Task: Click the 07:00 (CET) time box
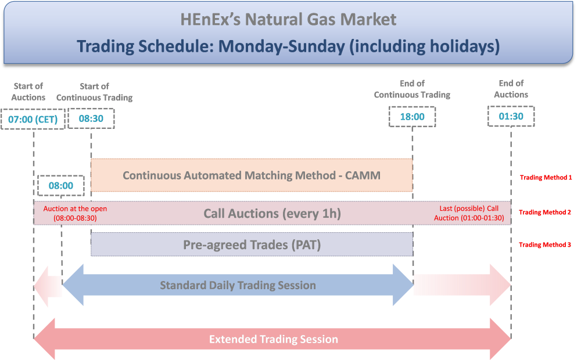coord(33,119)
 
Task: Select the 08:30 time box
coord(91,118)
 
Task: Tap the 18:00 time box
coord(412,117)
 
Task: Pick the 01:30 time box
coord(511,116)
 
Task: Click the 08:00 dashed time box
coord(61,185)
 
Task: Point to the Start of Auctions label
coord(28,92)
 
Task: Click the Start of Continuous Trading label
coord(95,92)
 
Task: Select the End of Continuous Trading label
coord(412,89)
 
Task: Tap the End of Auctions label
coord(511,89)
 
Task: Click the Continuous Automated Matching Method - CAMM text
coord(252,175)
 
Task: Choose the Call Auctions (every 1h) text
coord(272,213)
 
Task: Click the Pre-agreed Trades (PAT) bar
coord(252,244)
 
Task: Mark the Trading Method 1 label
coord(546,178)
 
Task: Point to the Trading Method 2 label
coord(545,212)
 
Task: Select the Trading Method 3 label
coord(545,244)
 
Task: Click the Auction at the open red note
coord(75,213)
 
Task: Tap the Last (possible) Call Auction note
coord(469,213)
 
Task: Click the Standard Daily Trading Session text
coord(238,285)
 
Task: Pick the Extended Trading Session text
coord(274,339)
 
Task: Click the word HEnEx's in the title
coord(210,19)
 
